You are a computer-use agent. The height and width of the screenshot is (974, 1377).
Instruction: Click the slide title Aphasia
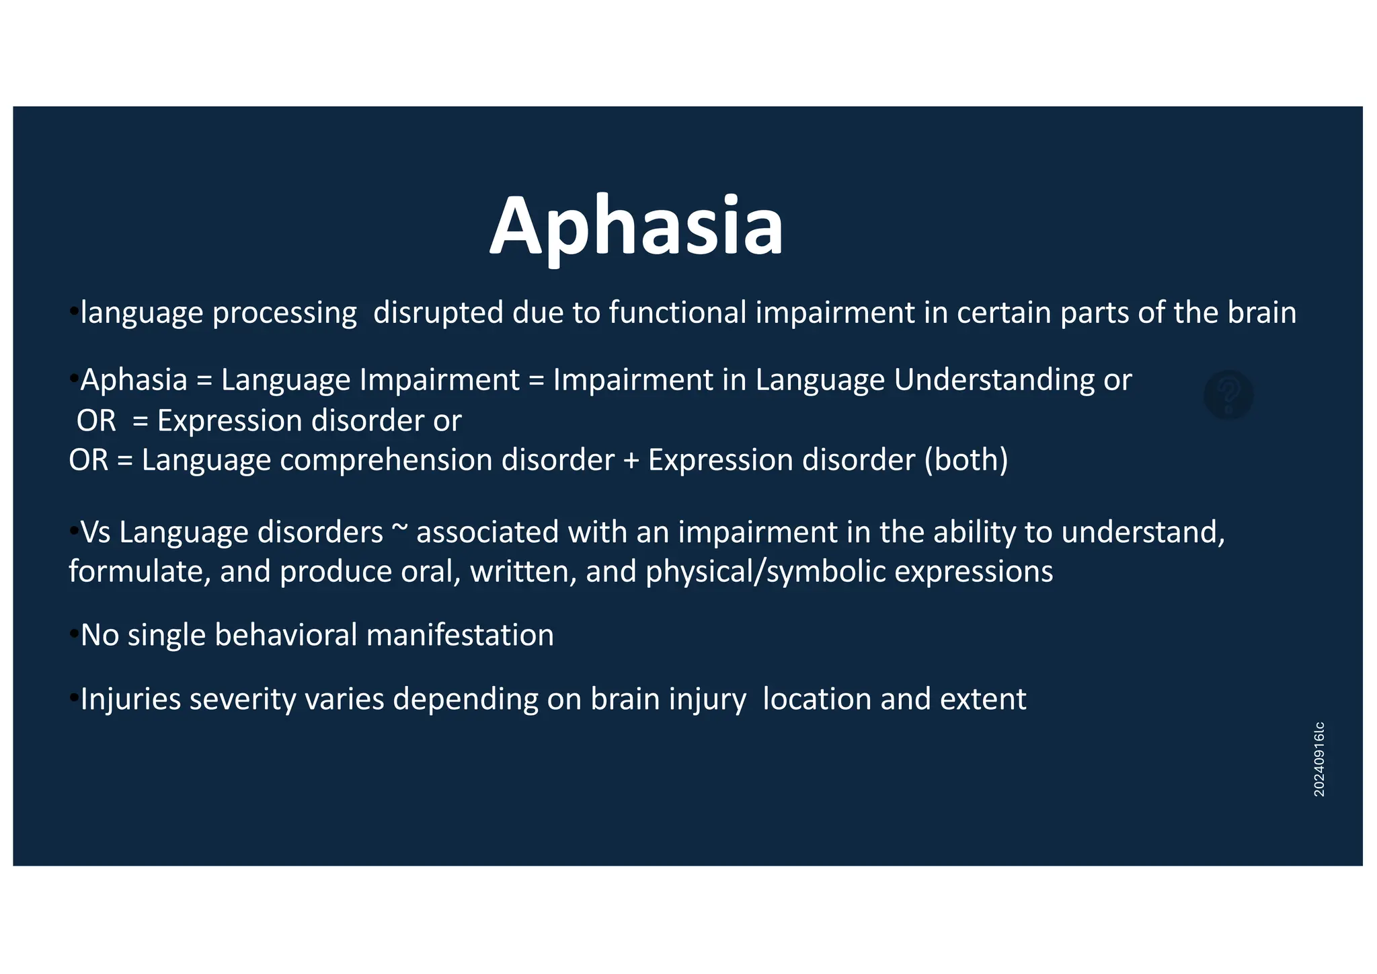click(636, 225)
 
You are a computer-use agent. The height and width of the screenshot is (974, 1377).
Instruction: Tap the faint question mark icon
click(1228, 396)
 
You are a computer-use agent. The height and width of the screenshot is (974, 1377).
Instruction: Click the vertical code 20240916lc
click(1319, 759)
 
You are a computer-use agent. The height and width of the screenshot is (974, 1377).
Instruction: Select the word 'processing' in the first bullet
click(284, 313)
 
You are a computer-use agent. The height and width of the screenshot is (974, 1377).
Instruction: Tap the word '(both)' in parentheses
click(966, 461)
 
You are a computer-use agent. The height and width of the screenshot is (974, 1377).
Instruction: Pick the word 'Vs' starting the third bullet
click(95, 532)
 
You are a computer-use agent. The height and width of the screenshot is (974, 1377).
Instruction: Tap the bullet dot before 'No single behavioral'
click(73, 634)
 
